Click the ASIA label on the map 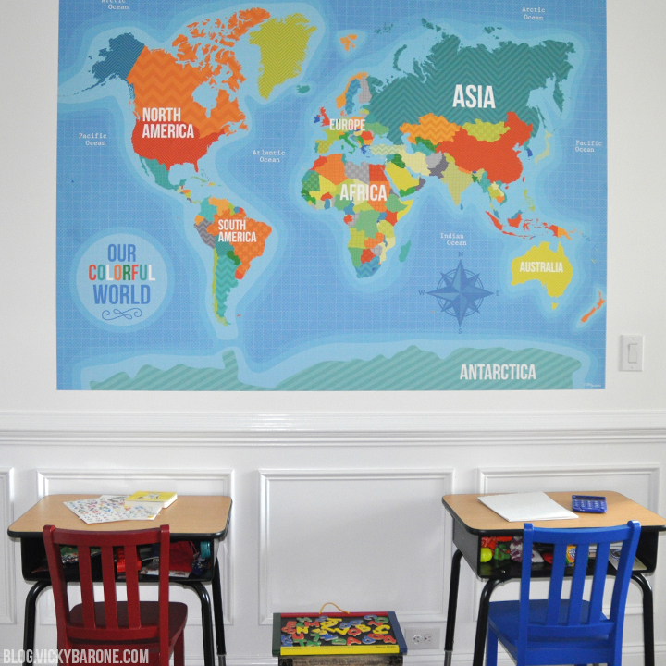pyautogui.click(x=474, y=96)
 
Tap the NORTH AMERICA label pyautogui.click(x=168, y=123)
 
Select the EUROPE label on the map pyautogui.click(x=348, y=125)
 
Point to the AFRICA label pyautogui.click(x=363, y=193)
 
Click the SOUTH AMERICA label pyautogui.click(x=237, y=231)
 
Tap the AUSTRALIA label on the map pyautogui.click(x=540, y=267)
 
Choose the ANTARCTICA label pyautogui.click(x=498, y=372)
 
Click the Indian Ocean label pyautogui.click(x=452, y=240)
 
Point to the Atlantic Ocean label pyautogui.click(x=269, y=155)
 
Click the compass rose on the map pyautogui.click(x=460, y=292)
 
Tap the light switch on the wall pyautogui.click(x=631, y=352)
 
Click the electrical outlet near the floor pyautogui.click(x=422, y=637)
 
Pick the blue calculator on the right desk pyautogui.click(x=588, y=503)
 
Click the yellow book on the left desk pyautogui.click(x=152, y=499)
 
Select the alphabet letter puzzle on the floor pyautogui.click(x=339, y=632)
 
